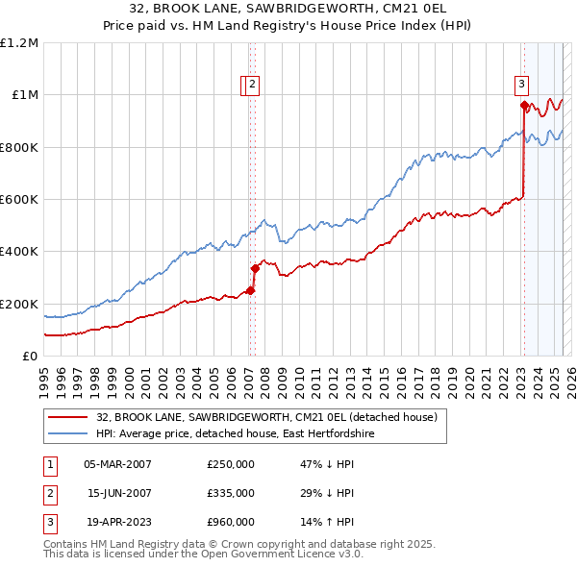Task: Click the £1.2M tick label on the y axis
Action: (x=19, y=43)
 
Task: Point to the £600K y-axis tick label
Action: (x=19, y=200)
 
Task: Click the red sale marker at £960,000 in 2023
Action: (x=524, y=106)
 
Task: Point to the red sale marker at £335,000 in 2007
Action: (x=255, y=269)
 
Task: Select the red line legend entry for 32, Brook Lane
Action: (x=266, y=417)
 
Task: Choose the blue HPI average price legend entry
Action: (x=234, y=434)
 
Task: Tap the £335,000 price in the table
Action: (x=230, y=493)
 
